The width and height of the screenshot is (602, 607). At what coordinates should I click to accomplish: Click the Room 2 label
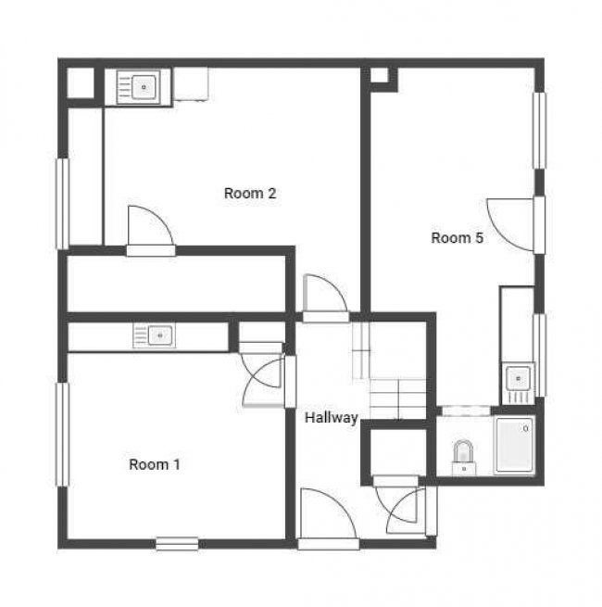250,194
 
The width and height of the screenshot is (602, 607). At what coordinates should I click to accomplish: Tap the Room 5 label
458,238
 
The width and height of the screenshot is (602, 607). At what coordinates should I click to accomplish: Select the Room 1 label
154,464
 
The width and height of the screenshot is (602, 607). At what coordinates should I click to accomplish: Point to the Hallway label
332,418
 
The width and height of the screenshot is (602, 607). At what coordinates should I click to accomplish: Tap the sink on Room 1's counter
154,335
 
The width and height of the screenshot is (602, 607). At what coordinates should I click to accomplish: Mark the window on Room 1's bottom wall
176,543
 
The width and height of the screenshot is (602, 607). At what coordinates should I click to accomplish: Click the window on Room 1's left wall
63,434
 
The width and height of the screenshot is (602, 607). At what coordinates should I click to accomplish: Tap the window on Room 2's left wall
63,203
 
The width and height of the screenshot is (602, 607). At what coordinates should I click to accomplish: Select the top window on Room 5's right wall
538,130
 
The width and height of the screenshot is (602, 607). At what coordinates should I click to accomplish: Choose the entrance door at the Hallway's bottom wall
327,519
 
